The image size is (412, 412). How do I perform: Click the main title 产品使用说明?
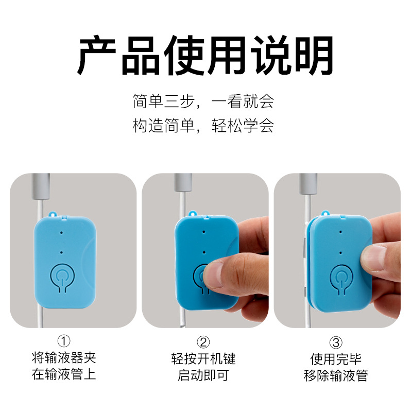(x=205, y=55)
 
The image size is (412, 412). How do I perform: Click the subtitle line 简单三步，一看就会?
(x=203, y=101)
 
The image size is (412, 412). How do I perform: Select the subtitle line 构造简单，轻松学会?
(x=203, y=126)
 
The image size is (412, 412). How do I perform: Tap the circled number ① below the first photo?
(x=64, y=341)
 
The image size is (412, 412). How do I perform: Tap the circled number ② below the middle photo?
(x=204, y=341)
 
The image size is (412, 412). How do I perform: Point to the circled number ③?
(x=336, y=341)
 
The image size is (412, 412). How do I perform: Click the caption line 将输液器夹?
(x=64, y=357)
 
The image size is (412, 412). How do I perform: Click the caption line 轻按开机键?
(x=204, y=358)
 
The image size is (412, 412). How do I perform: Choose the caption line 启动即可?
(x=204, y=374)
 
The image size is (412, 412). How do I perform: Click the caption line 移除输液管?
(x=336, y=375)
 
